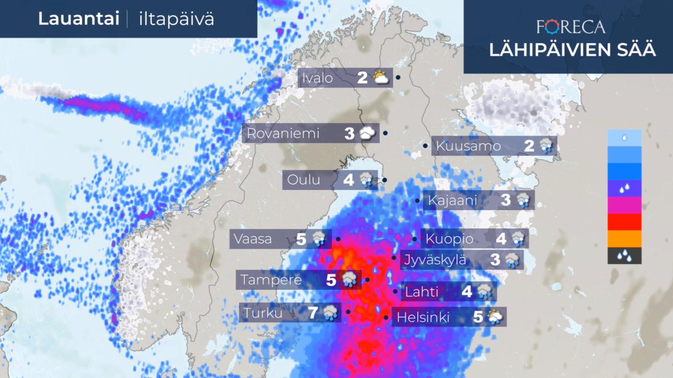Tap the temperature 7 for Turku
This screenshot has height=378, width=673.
coord(313,313)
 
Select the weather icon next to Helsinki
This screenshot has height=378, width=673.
coord(495,317)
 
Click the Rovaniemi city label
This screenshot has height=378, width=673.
coord(283,134)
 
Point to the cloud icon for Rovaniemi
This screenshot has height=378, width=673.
coord(368,133)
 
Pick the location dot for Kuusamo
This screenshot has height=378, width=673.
coord(425,146)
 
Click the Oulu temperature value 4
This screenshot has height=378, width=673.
coord(349,180)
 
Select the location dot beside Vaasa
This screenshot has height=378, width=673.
coord(338,239)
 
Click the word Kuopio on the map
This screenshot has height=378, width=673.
coord(449,239)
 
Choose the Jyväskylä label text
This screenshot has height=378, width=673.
coord(435,260)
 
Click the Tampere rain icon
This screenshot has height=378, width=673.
coord(349,280)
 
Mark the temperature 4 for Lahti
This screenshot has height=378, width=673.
coord(466,292)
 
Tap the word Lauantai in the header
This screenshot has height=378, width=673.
coord(78,19)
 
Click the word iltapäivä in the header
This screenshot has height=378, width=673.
coord(176,19)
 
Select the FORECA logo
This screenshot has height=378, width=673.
coord(571,27)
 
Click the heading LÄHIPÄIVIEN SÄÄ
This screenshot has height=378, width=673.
coord(573,50)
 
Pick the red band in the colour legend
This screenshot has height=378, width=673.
coord(624,222)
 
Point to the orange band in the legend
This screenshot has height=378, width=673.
coord(624,239)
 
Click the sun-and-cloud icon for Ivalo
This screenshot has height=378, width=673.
coord(381,77)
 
